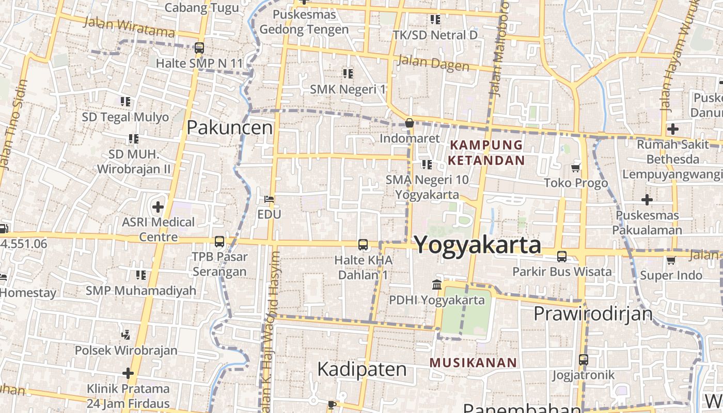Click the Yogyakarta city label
tap(478, 245)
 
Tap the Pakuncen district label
tap(229, 127)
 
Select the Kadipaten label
tap(362, 370)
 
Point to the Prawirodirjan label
tap(593, 313)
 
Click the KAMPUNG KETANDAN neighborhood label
tap(486, 152)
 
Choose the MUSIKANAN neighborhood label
tap(473, 362)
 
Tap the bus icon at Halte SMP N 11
tap(199, 48)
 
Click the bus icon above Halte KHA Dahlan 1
tap(363, 245)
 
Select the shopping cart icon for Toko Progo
tap(576, 168)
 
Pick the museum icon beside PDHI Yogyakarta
tap(437, 284)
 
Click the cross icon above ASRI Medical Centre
tap(158, 208)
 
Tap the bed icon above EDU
tap(269, 199)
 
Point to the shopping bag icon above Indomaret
tap(410, 123)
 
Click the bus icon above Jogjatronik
tap(583, 360)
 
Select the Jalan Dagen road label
tap(433, 64)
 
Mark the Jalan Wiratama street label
tap(129, 27)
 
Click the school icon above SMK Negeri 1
tap(348, 74)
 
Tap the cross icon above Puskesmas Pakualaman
tap(647, 200)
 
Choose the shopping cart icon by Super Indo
tap(671, 260)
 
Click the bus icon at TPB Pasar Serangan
tap(219, 242)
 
